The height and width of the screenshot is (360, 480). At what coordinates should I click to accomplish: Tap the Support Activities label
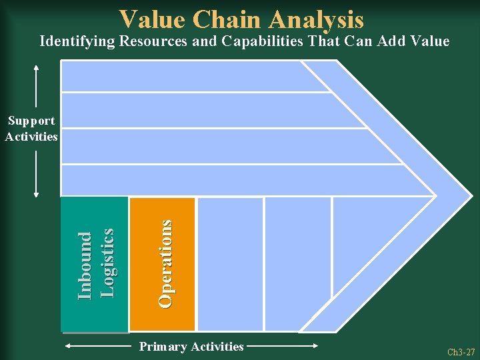pos(31,129)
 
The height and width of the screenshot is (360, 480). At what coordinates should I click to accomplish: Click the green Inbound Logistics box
pos(94,264)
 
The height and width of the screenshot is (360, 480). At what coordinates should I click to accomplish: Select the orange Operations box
pos(162,264)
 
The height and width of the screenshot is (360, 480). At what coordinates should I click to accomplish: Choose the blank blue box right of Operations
pos(230,264)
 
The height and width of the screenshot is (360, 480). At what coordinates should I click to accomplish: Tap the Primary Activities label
pos(191,347)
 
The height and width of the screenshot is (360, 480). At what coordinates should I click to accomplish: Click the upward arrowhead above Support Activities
pos(36,66)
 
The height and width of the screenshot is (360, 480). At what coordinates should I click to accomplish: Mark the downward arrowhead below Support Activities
pos(36,195)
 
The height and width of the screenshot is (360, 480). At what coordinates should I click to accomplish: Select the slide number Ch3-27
pos(461,351)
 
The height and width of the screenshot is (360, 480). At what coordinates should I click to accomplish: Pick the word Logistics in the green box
pos(107,263)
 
